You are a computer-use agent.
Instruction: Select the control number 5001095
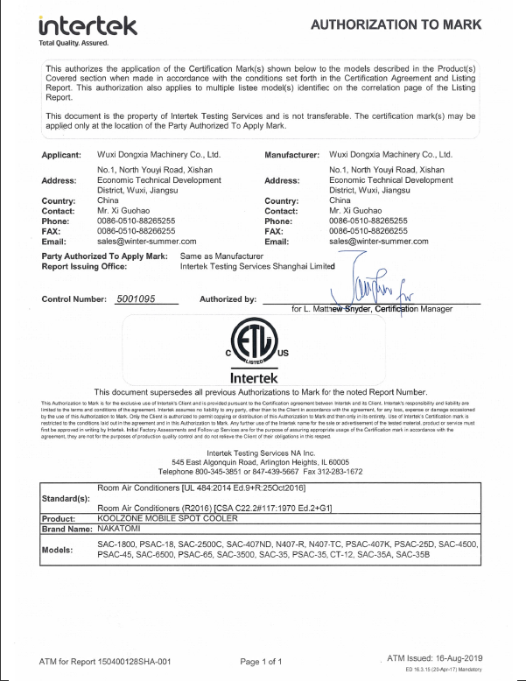tap(136, 299)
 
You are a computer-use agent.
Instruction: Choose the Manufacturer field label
tap(293, 154)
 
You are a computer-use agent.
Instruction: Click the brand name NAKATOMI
tap(123, 528)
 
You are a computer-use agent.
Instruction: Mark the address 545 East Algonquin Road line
tap(263, 460)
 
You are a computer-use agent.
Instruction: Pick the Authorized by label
tap(228, 299)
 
